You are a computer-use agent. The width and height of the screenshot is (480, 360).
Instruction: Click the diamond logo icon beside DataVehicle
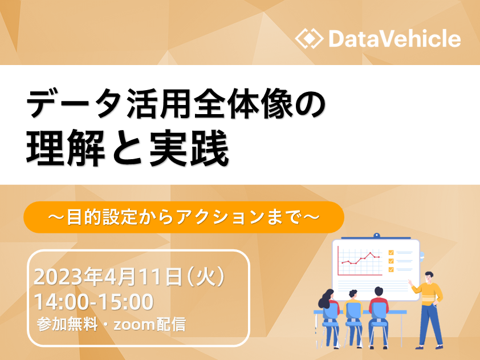[309, 39]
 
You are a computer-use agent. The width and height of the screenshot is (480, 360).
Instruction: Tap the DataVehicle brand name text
[394, 39]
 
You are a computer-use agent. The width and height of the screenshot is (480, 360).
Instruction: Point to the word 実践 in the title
[189, 148]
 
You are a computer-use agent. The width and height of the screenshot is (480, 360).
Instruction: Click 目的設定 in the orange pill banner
[102, 217]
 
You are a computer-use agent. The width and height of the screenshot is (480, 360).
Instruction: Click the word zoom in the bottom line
[135, 325]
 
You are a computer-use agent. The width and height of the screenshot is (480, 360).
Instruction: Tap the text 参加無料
[67, 325]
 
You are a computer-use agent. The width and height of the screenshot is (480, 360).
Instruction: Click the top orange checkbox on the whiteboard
[391, 253]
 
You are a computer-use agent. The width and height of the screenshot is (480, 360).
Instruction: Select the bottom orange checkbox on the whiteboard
[391, 269]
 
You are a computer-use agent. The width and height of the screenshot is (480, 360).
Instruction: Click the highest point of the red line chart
[371, 253]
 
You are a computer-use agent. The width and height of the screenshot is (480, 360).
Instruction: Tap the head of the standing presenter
[429, 277]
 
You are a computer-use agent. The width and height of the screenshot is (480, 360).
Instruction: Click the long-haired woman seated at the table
[329, 315]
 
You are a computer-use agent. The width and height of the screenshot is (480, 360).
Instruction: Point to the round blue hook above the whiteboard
[377, 236]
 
